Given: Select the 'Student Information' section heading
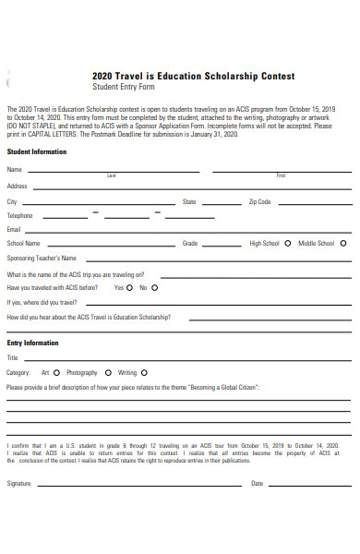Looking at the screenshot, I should tap(37, 151).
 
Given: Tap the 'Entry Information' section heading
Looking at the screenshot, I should tap(33, 343).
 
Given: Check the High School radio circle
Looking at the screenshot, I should tap(288, 244).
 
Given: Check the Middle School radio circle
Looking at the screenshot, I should tap(343, 244).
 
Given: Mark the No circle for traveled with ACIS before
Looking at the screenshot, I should tap(153, 287).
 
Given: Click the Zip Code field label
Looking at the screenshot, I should tap(258, 201).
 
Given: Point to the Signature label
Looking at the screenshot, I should tap(19, 483).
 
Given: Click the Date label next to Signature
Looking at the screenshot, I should tap(258, 483).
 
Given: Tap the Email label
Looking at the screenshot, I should tap(14, 229).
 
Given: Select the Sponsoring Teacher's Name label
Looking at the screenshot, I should tap(42, 259).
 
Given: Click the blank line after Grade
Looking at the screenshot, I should tap(222, 247).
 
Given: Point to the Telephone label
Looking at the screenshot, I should tap(20, 215).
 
